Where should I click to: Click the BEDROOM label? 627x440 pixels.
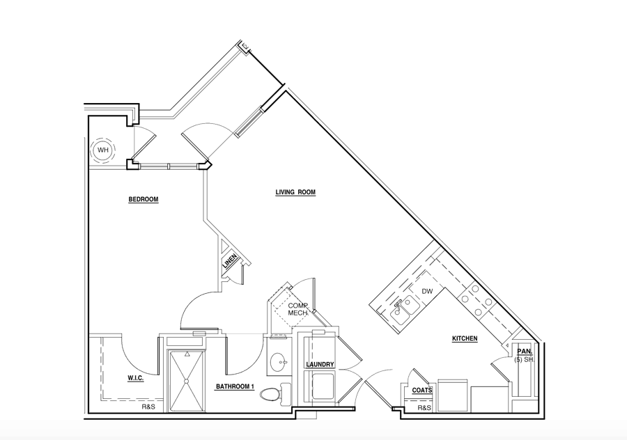(143, 199)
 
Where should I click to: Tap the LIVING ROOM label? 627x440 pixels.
(295, 192)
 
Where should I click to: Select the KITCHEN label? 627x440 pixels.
(465, 338)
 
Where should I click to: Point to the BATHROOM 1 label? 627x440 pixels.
(235, 386)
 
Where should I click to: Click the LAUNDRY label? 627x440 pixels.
(320, 365)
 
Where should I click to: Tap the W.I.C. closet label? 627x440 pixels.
(136, 377)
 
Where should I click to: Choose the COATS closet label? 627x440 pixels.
(422, 390)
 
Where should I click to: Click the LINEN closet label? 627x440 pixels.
(230, 261)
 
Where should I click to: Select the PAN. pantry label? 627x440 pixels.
(525, 352)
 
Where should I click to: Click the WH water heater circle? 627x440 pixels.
(103, 150)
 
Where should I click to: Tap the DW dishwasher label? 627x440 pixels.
(427, 291)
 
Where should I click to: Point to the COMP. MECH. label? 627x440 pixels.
(298, 309)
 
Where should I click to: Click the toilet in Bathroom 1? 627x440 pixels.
(275, 393)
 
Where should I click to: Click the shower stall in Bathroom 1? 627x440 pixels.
(186, 381)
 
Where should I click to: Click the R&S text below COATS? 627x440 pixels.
(424, 408)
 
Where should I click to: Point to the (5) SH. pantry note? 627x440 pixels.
(525, 359)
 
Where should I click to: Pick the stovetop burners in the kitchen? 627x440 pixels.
(476, 300)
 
